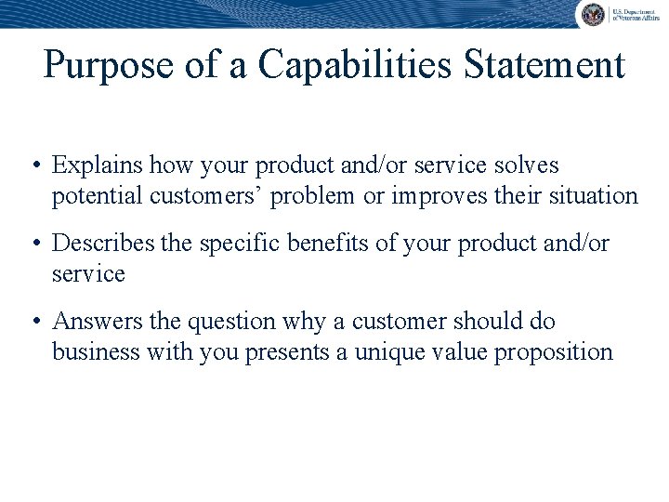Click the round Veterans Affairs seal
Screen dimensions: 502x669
pyautogui.click(x=592, y=14)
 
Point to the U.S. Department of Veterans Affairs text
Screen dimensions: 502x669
pyautogui.click(x=635, y=14)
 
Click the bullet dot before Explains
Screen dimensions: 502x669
pyautogui.click(x=34, y=166)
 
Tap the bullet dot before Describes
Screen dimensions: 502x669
pyautogui.click(x=34, y=244)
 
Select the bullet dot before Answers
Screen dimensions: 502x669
pyautogui.click(x=34, y=323)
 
